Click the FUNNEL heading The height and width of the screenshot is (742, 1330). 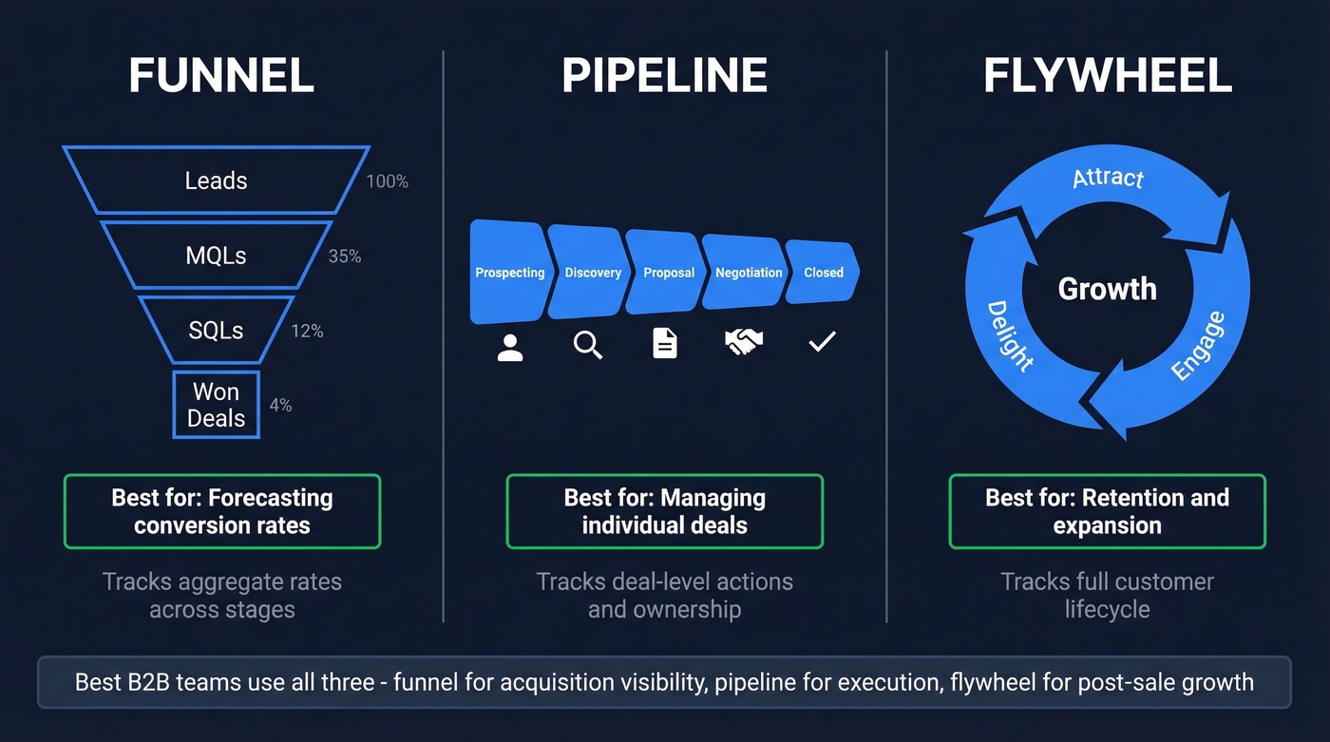[x=221, y=76]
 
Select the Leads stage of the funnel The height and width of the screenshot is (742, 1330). [x=217, y=181]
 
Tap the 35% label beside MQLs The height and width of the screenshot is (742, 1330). [x=345, y=257]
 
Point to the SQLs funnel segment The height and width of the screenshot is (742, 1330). [x=217, y=331]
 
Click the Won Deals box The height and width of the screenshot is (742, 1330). [x=217, y=405]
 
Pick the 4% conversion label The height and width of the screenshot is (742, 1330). [x=280, y=406]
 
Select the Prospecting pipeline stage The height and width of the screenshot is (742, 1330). [x=509, y=273]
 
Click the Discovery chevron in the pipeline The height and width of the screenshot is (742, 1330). [x=593, y=273]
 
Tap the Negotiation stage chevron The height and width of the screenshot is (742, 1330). [x=749, y=273]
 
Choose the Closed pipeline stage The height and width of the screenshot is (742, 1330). [x=824, y=273]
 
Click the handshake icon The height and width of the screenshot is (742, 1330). [x=745, y=343]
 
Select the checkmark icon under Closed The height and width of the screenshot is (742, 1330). [x=822, y=342]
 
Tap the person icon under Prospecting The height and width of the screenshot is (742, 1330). [x=510, y=346]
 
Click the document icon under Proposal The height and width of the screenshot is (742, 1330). [x=665, y=343]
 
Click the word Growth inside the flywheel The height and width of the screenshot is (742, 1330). [x=1108, y=289]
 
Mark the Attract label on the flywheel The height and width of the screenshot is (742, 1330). [x=1108, y=178]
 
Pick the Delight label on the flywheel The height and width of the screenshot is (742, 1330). [x=1010, y=335]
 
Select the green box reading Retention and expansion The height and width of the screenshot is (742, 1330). [x=1108, y=511]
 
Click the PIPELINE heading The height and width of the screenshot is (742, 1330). [x=665, y=76]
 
